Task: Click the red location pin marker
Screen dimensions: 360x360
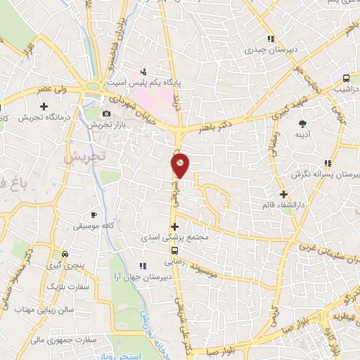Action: pyautogui.click(x=181, y=165)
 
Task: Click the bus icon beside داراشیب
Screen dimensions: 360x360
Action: pyautogui.click(x=346, y=77)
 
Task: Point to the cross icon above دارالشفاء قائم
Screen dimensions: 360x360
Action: pyautogui.click(x=283, y=194)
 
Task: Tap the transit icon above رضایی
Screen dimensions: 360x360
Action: pyautogui.click(x=175, y=249)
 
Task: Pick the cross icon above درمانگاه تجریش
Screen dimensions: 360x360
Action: pyautogui.click(x=44, y=105)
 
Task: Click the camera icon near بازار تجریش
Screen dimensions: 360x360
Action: pyautogui.click(x=106, y=114)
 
